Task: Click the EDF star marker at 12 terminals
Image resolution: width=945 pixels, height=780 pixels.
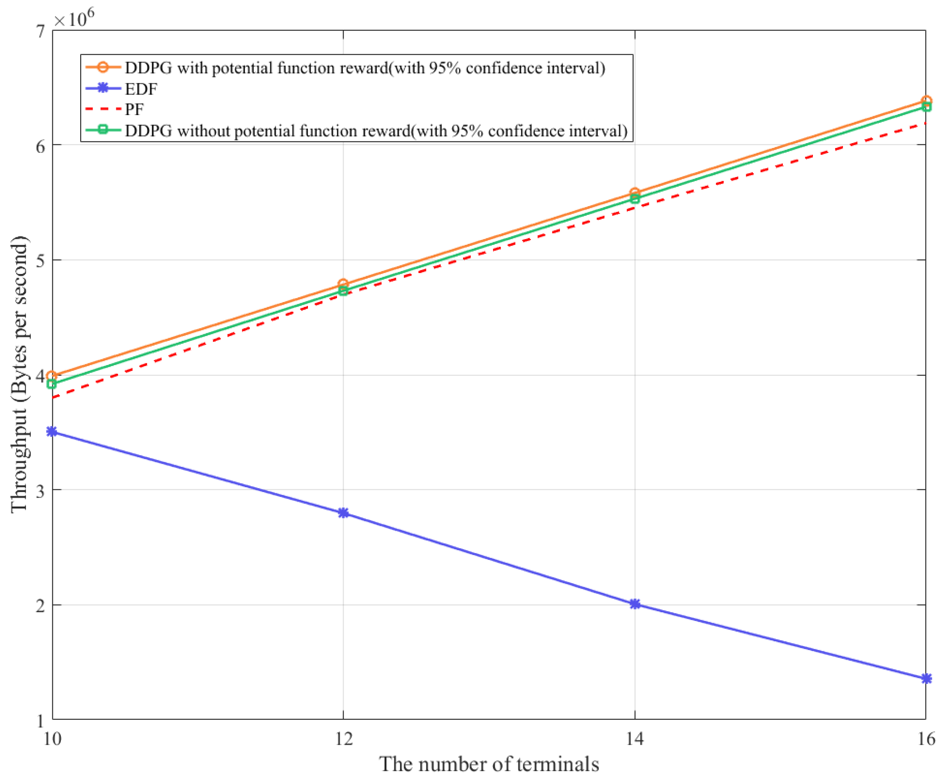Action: click(x=343, y=513)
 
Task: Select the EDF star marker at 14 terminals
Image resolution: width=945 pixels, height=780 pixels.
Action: click(x=634, y=604)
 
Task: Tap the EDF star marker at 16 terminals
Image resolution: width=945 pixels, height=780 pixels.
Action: click(x=926, y=678)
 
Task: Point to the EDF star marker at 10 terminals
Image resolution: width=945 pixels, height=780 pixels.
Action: click(x=52, y=432)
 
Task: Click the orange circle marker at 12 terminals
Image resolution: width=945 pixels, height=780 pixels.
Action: click(x=343, y=284)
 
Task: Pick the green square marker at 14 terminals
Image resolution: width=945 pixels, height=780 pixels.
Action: click(x=634, y=199)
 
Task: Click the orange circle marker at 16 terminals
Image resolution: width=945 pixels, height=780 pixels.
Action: click(x=926, y=101)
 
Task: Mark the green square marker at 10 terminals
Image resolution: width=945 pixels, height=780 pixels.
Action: click(x=52, y=384)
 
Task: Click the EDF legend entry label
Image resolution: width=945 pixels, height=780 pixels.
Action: click(x=141, y=89)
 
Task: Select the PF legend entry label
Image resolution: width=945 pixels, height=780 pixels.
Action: click(x=134, y=109)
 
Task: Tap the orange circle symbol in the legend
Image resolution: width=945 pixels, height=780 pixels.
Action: click(x=103, y=67)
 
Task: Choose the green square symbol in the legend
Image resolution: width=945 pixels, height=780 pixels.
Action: click(x=103, y=130)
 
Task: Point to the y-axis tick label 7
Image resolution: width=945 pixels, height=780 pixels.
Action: click(x=41, y=31)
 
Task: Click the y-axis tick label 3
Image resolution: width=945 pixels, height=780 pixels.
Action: click(x=41, y=491)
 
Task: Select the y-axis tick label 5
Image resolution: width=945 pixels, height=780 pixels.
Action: click(x=41, y=261)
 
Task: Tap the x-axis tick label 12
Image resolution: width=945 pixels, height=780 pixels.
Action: click(x=344, y=739)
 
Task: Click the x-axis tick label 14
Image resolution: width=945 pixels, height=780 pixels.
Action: click(x=634, y=739)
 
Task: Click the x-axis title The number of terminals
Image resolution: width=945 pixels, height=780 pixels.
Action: click(x=489, y=764)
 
